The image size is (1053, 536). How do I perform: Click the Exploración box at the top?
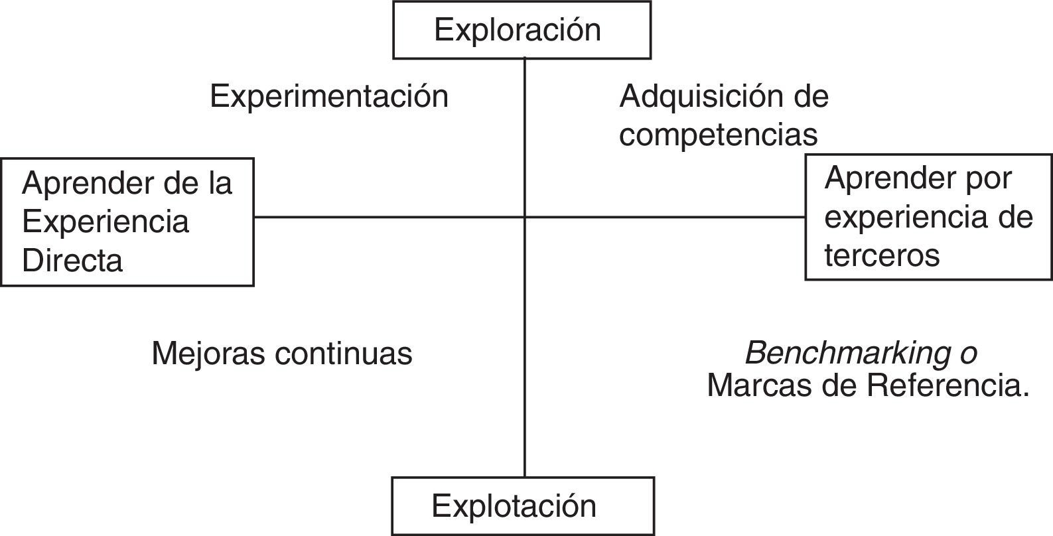point(522,30)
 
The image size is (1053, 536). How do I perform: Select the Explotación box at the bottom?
point(523,505)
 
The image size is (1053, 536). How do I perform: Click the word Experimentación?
point(329,97)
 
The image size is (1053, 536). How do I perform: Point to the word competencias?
point(719,135)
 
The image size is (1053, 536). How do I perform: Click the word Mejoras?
point(208,354)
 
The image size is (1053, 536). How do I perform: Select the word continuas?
point(344,354)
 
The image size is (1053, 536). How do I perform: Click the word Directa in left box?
point(72,260)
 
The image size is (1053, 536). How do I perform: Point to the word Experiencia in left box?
point(105,222)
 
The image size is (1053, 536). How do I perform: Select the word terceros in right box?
point(882,255)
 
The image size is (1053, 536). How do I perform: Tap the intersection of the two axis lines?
point(525,217)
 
